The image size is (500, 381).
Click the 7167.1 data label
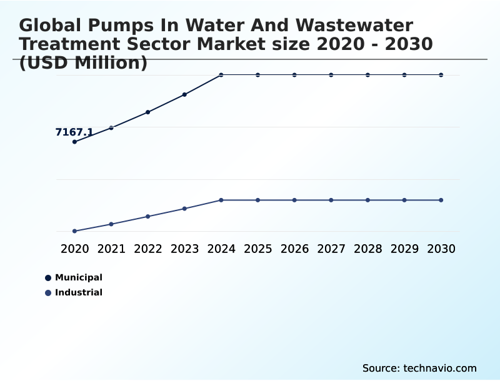[74, 132]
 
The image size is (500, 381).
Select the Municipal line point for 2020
[74, 142]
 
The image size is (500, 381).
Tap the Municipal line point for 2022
[148, 112]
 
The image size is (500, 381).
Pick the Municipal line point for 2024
[221, 75]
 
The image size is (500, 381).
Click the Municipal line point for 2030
[441, 75]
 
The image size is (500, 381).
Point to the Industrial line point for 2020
[74, 231]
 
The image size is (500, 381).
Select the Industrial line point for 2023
[184, 209]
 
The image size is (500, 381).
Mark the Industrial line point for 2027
[331, 200]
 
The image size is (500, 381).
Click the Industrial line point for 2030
[441, 200]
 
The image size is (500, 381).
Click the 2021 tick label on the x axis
[111, 249]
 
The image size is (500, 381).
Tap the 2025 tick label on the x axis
[257, 249]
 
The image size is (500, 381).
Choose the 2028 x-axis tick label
[367, 249]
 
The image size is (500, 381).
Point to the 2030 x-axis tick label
[441, 249]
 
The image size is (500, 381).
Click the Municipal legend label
[79, 277]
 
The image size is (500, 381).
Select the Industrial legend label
[79, 292]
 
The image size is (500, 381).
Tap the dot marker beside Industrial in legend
[48, 292]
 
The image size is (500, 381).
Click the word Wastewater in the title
[354, 26]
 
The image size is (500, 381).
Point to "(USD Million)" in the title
[83, 62]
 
